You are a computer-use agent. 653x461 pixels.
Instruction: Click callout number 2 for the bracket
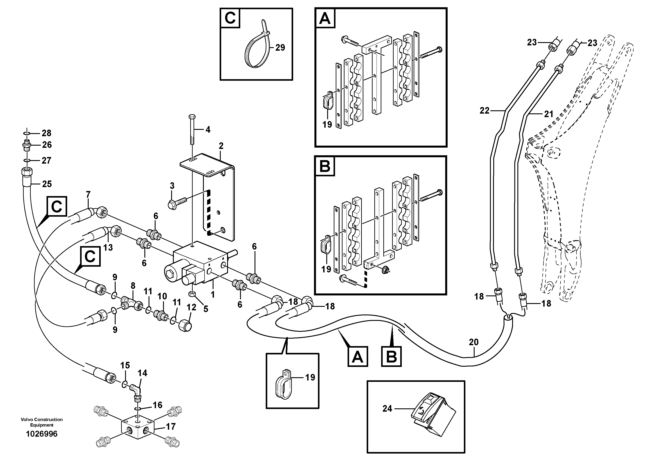tap(221, 146)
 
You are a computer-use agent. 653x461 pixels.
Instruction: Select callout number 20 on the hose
tap(474, 342)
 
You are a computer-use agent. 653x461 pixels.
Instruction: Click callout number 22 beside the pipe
tap(484, 111)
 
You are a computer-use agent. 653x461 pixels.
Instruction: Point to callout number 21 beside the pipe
tap(548, 114)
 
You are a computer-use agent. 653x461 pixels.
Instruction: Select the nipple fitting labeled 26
tap(27, 145)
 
